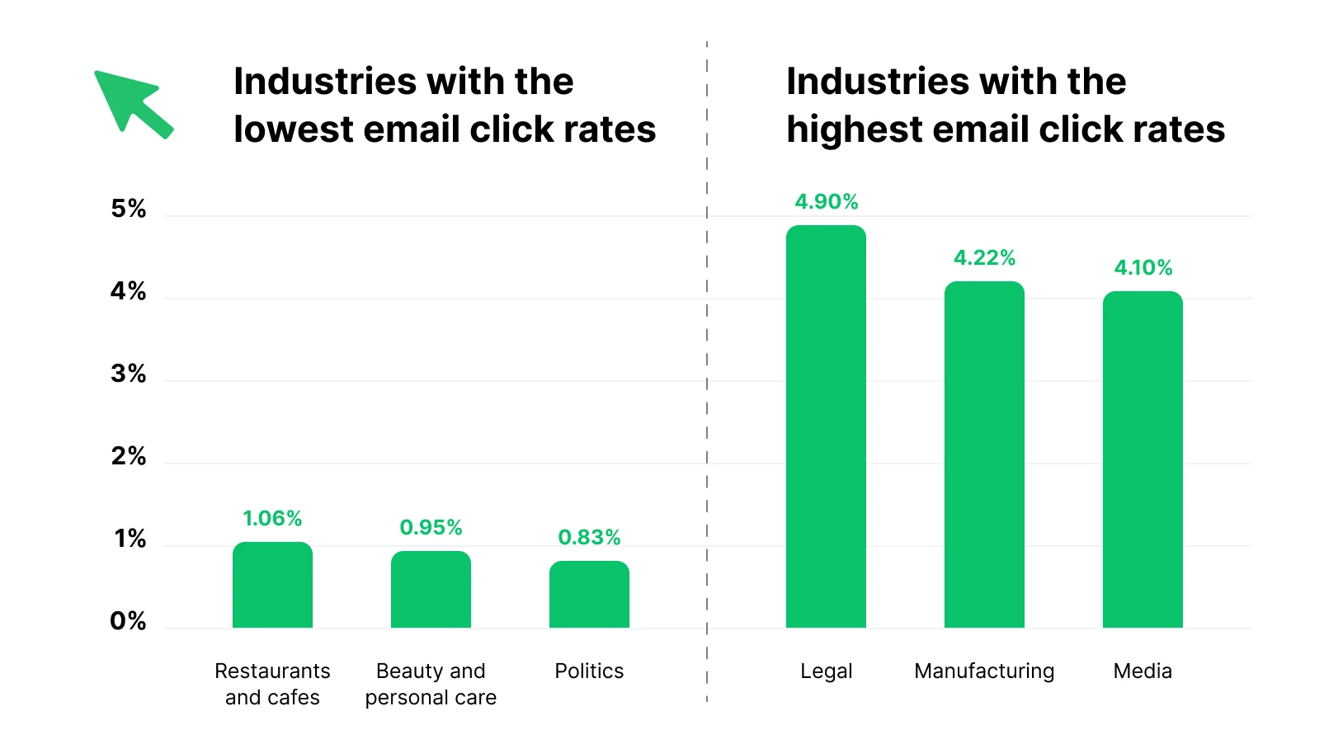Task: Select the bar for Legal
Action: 826,426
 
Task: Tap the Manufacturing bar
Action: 984,454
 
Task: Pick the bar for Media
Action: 1143,459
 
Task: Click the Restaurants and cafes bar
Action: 272,585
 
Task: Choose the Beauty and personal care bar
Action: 431,590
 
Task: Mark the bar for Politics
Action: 589,595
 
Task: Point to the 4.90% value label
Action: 826,202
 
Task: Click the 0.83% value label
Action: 589,538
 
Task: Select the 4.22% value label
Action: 984,258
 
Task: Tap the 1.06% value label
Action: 272,519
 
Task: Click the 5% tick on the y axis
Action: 129,209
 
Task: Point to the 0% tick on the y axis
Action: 129,621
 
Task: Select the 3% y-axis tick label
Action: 129,374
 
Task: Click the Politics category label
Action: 589,671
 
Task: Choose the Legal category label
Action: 826,671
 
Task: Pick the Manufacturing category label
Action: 984,671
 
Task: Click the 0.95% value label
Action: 431,528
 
